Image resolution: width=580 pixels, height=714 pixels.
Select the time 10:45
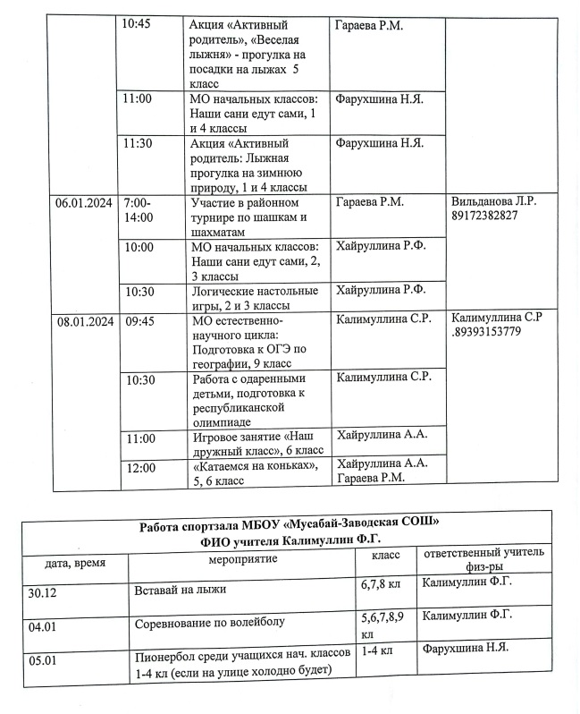coord(136,25)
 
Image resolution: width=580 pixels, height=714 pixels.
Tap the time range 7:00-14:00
coord(139,210)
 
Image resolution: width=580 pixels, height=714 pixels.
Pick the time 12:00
coord(141,467)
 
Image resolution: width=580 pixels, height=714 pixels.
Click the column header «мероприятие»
coord(242,559)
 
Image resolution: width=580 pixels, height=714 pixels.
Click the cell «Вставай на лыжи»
coord(181,591)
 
